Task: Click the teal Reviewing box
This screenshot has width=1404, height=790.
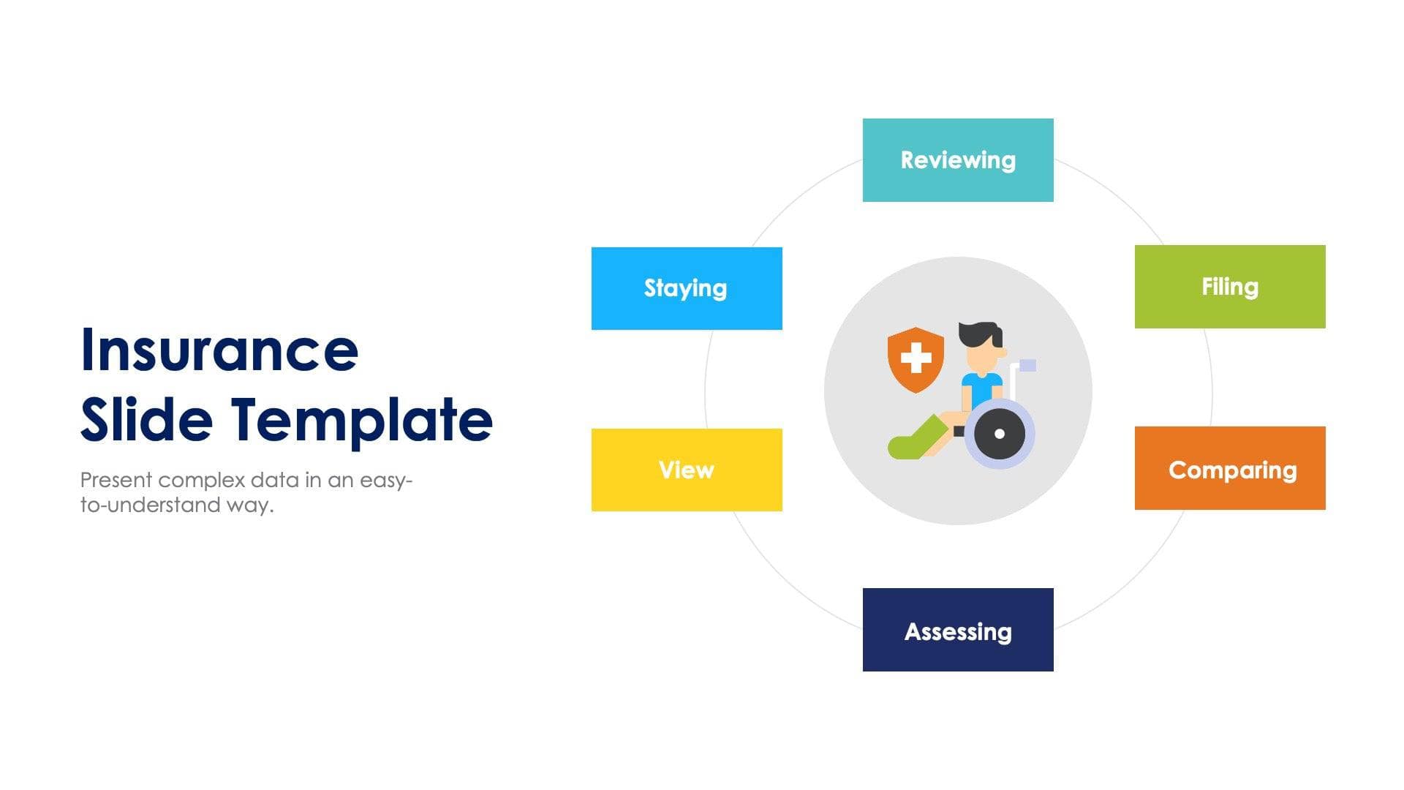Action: pyautogui.click(x=958, y=160)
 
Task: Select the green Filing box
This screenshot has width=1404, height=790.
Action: pyautogui.click(x=1229, y=287)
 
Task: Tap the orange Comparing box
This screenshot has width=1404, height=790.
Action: pyautogui.click(x=1229, y=468)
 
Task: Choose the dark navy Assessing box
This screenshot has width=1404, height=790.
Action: pyautogui.click(x=958, y=630)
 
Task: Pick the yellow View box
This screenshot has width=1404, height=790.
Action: pyautogui.click(x=686, y=470)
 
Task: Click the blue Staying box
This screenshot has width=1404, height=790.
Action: pyautogui.click(x=686, y=288)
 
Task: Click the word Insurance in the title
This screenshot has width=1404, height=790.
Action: pyautogui.click(x=219, y=350)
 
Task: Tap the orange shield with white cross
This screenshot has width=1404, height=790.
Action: pyautogui.click(x=915, y=359)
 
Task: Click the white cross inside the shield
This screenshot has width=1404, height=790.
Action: pyautogui.click(x=916, y=358)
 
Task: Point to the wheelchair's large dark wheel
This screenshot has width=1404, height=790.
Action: pyautogui.click(x=999, y=433)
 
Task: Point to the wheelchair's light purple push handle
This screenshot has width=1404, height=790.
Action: pyautogui.click(x=1027, y=365)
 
